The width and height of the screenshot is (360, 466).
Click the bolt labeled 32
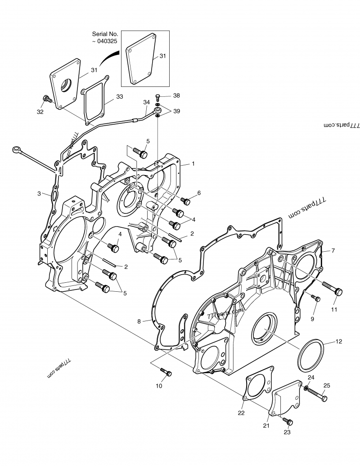(x=47, y=99)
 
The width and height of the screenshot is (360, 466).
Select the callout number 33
(x=119, y=97)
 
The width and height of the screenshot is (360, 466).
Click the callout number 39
(x=176, y=111)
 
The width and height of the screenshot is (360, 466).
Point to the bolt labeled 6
(x=185, y=201)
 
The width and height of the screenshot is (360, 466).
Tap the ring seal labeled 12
(x=310, y=355)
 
